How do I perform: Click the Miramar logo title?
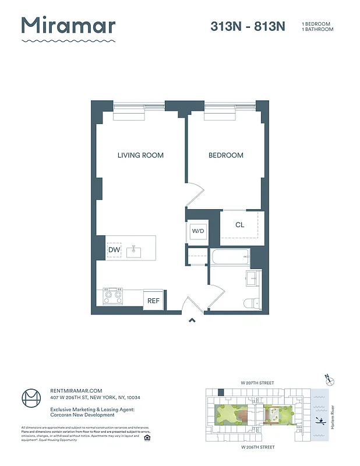tap(69, 26)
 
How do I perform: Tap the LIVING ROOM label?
tap(140, 156)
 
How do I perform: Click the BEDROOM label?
tap(226, 156)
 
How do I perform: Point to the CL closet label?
tap(239, 225)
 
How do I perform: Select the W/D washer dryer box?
tap(199, 231)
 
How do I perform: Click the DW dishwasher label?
tap(114, 250)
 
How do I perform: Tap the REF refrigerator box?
tap(153, 301)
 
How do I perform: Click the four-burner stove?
tap(112, 296)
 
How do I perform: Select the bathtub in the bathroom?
tap(230, 256)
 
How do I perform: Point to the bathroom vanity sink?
tap(253, 278)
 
